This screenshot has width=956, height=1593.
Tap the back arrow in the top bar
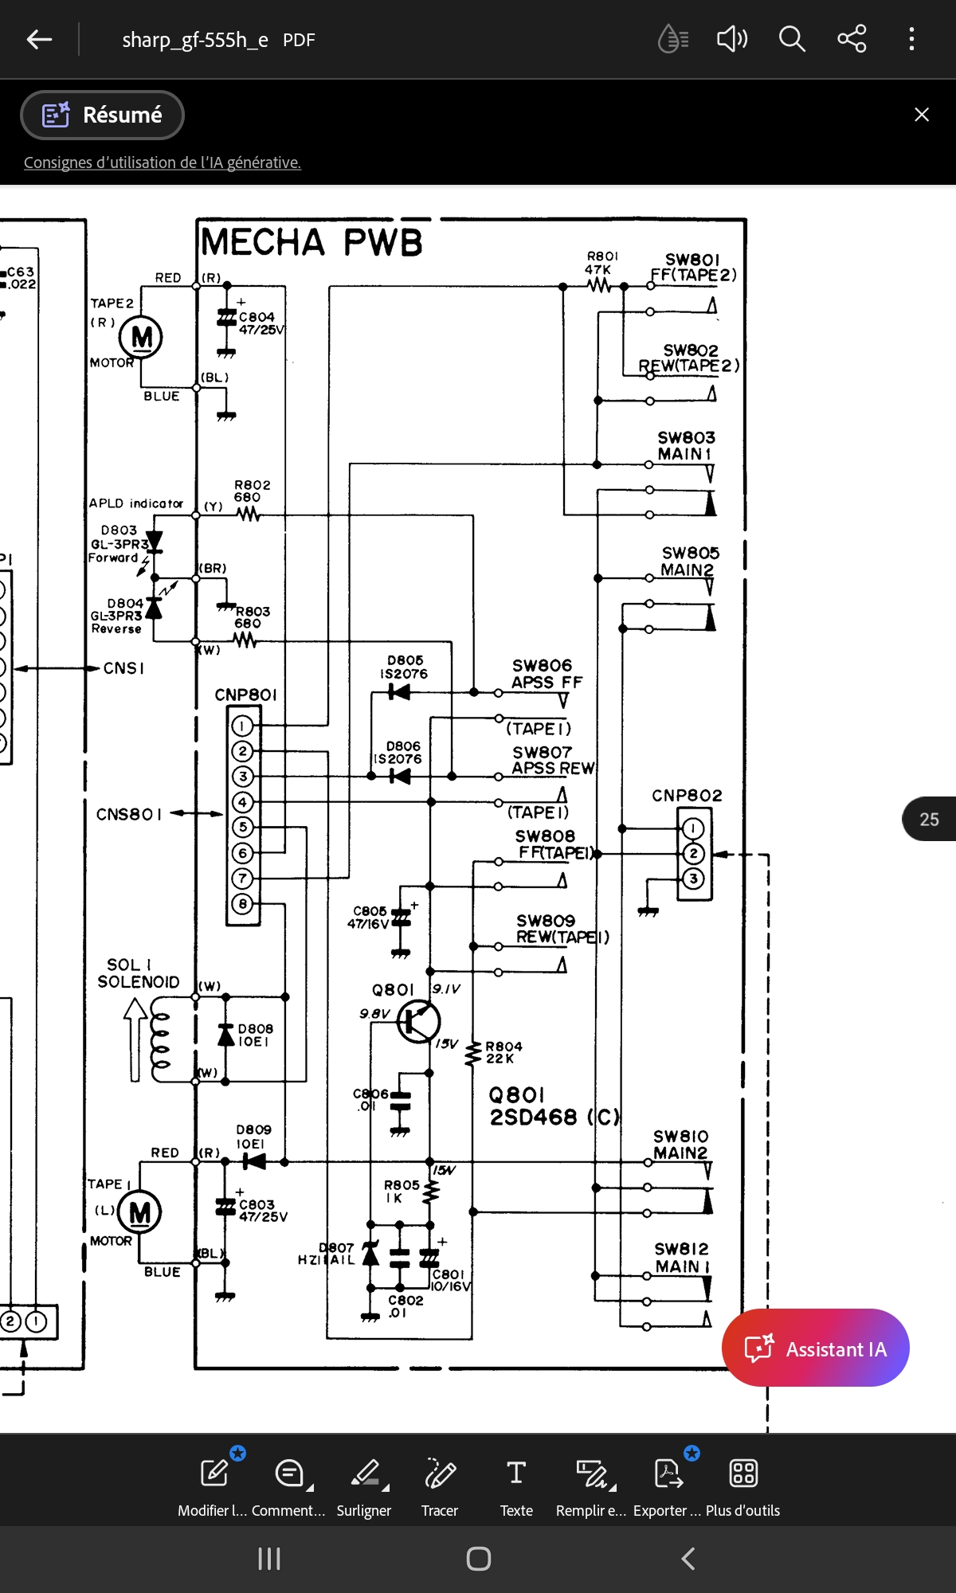pos(39,39)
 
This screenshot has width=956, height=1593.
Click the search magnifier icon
pos(791,38)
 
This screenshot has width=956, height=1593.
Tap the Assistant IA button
pos(815,1348)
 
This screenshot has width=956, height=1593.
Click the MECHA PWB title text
pos(311,242)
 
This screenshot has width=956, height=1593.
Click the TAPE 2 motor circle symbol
pos(141,338)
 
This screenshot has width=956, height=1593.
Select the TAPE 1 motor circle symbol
pos(139,1213)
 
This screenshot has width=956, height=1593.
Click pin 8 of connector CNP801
pos(243,904)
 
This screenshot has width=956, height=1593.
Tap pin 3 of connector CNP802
pos(693,879)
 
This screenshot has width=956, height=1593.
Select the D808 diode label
pos(255,1035)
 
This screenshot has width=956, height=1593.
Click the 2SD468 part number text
pos(534,1117)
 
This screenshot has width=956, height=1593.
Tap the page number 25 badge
pos(929,819)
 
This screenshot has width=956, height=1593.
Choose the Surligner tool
pos(364,1486)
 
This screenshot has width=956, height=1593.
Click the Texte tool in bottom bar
pos(516,1486)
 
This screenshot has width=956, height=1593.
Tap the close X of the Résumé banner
pos(922,115)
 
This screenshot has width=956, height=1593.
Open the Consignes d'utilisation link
pos(163,162)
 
